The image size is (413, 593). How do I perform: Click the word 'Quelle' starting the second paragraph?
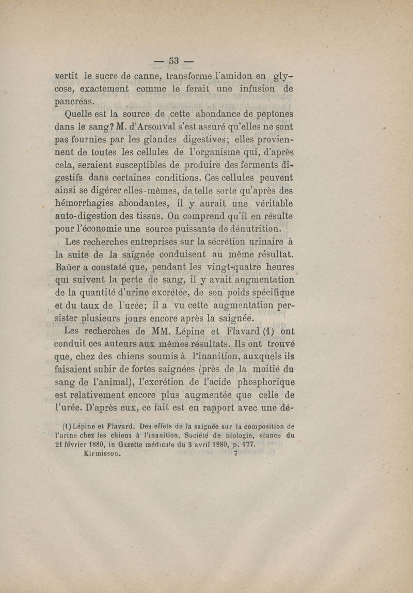pos(78,114)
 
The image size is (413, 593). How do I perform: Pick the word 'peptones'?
pos(269,114)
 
